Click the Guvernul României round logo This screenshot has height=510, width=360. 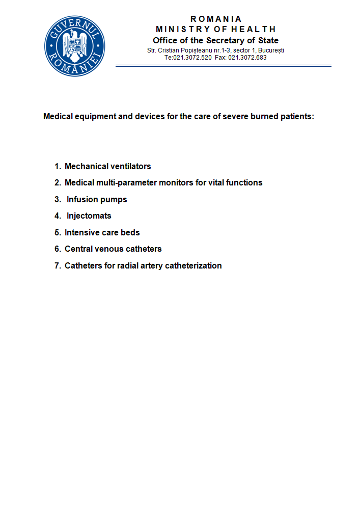click(x=74, y=46)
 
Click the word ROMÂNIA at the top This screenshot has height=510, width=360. click(x=216, y=19)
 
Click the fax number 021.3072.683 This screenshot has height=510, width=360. click(x=247, y=58)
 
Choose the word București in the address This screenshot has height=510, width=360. click(x=270, y=50)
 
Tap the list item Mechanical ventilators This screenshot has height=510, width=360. click(x=107, y=166)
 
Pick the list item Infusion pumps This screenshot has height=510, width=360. click(x=97, y=199)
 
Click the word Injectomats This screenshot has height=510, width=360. click(x=89, y=216)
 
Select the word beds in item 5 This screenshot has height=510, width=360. click(x=131, y=232)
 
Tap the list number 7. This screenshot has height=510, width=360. click(x=58, y=265)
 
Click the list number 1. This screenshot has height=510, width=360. click(x=58, y=166)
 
